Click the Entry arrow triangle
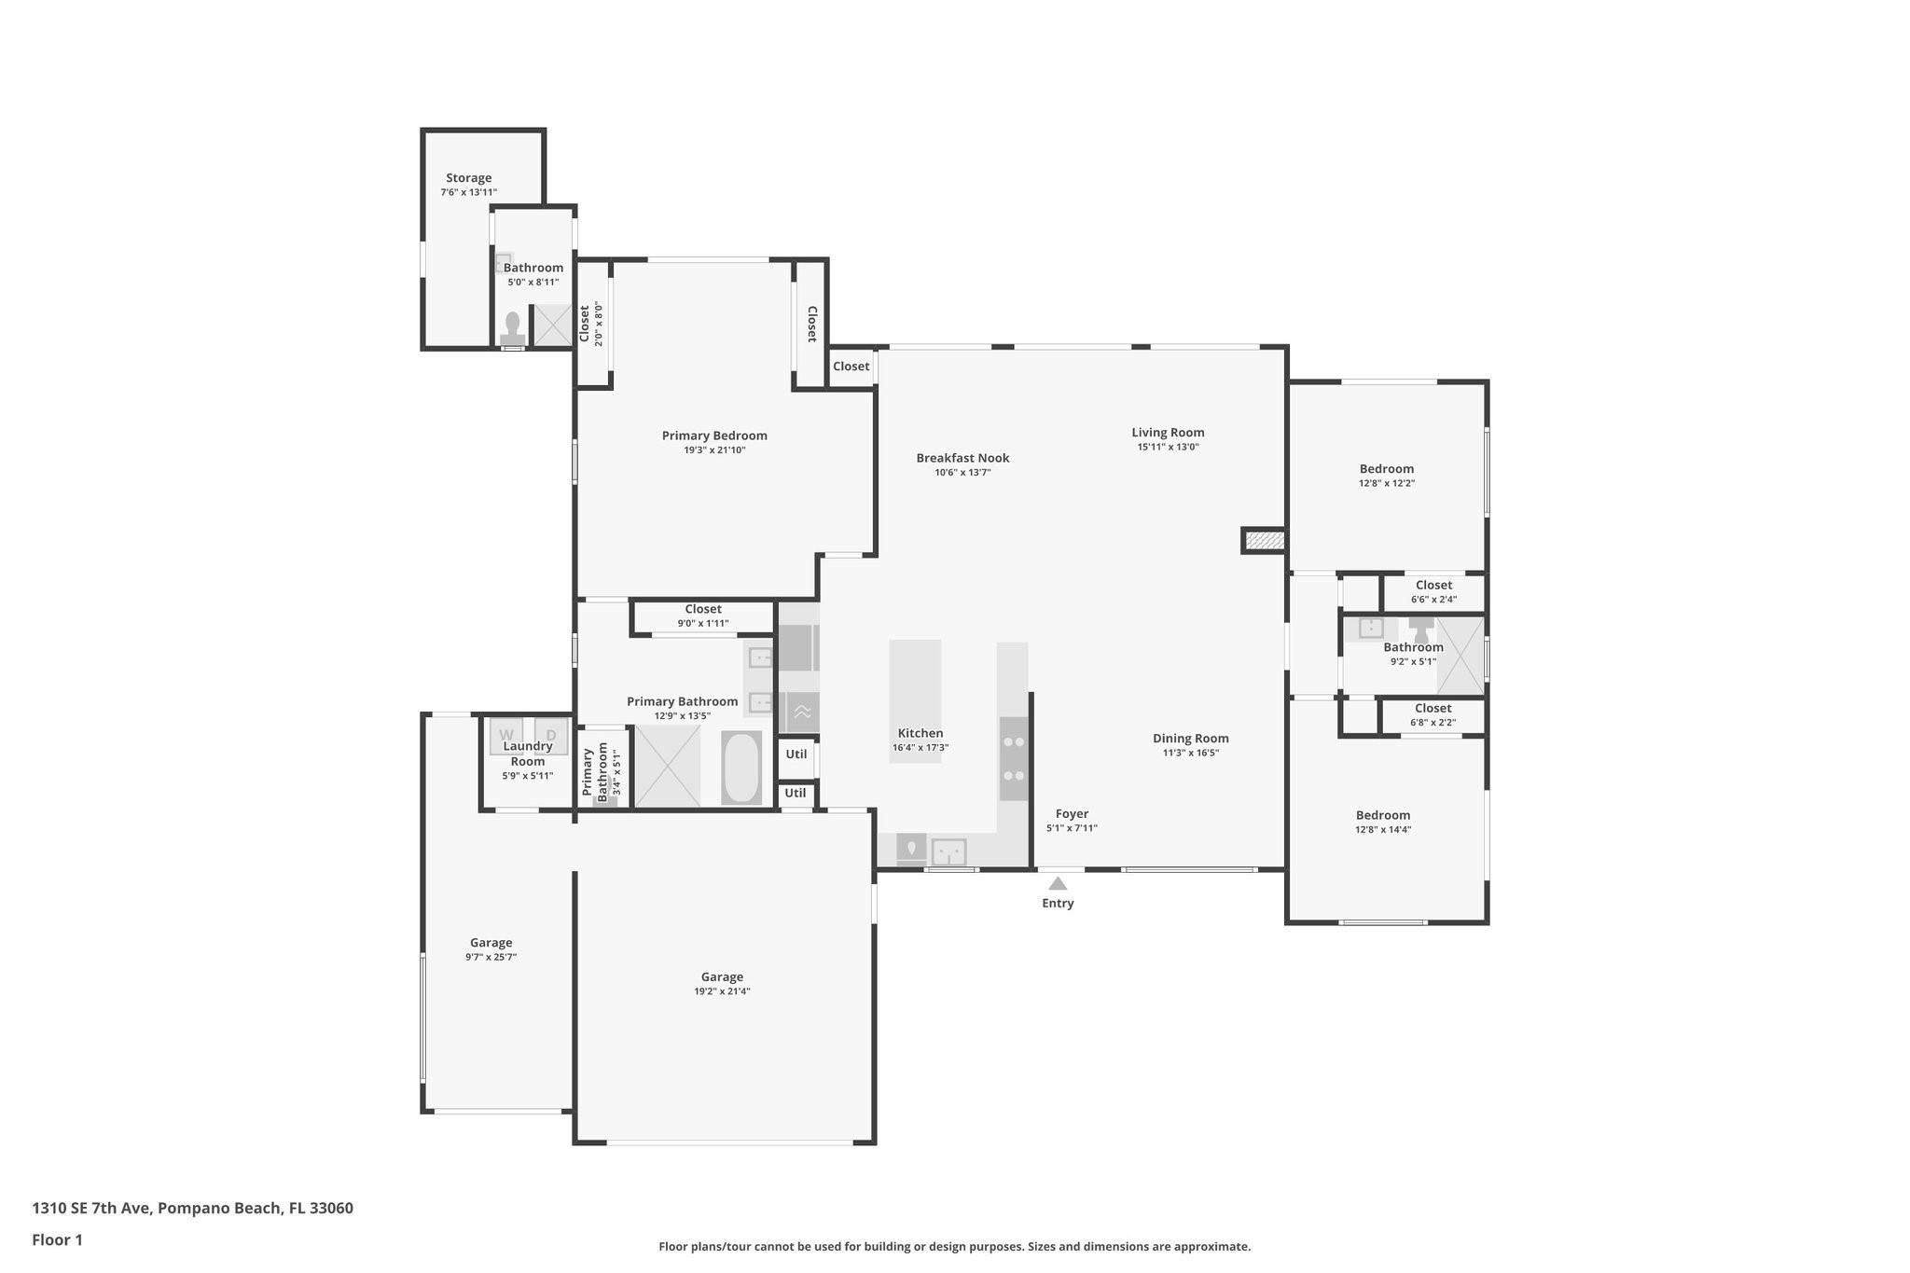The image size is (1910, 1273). pos(1058,883)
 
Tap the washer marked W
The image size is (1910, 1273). pos(505,735)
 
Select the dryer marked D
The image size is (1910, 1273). pos(551,735)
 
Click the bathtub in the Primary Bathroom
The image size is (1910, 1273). pos(741,768)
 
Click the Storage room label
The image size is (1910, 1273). pos(468,178)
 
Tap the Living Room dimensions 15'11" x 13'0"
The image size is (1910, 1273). pos(1168,447)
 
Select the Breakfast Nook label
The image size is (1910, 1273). pos(962,458)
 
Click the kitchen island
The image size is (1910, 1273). pos(915,701)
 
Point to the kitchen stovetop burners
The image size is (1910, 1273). pos(1014,758)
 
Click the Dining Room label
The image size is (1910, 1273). pos(1191,739)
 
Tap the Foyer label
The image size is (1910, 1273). pos(1072,814)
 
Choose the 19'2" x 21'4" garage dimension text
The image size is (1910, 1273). pos(722,991)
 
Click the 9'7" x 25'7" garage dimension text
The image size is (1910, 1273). pos(491,957)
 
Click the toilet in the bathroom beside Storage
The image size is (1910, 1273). pos(512,328)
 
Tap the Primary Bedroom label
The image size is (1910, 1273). pos(714,436)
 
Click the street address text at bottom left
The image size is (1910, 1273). pos(192,1209)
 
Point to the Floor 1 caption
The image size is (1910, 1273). pos(57,1240)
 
